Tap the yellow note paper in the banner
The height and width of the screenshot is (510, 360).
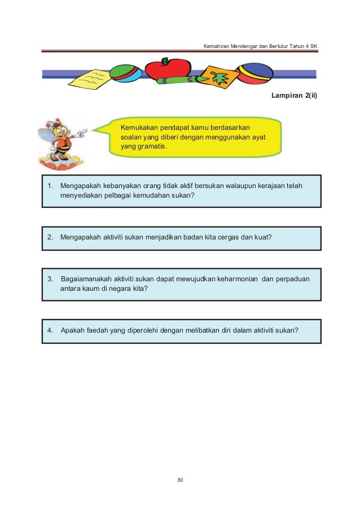pyautogui.click(x=90, y=79)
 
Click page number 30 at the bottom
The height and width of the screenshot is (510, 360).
pyautogui.click(x=180, y=480)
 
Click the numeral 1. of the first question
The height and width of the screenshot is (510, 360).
pyautogui.click(x=50, y=185)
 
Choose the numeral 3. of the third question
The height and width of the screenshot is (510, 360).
pyautogui.click(x=50, y=279)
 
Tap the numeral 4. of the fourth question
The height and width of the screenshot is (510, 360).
pyautogui.click(x=50, y=330)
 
